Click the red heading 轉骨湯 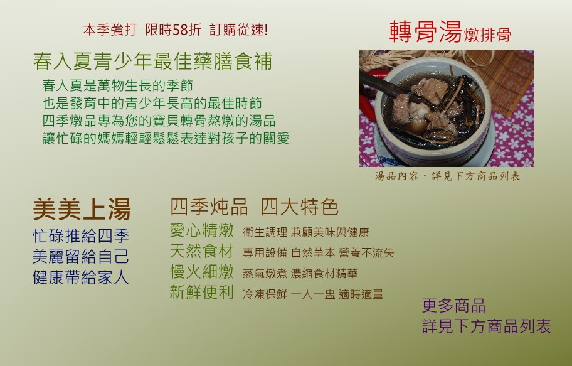click(426, 32)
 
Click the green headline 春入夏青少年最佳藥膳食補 click(152, 61)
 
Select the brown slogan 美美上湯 click(82, 209)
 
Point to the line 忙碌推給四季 click(81, 236)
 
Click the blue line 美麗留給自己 click(81, 256)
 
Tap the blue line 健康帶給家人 click(81, 277)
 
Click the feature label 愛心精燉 click(202, 230)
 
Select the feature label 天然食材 click(202, 251)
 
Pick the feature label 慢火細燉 click(202, 272)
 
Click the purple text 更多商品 click(453, 306)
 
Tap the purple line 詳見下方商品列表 click(486, 326)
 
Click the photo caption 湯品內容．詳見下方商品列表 click(447, 176)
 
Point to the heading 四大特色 click(300, 207)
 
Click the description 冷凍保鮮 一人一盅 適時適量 click(313, 294)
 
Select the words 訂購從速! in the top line click(238, 30)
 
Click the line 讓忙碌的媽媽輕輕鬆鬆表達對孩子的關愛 click(166, 139)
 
